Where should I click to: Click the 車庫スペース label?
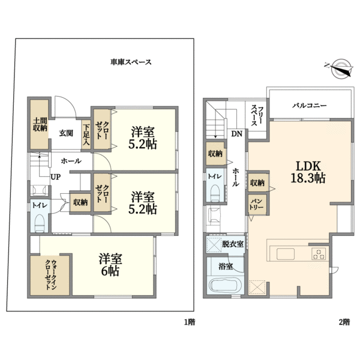coord(130,62)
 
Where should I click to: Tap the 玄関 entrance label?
coord(66,133)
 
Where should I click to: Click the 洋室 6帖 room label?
coord(110,265)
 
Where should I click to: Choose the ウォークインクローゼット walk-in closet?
coord(50,274)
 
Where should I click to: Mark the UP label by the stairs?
coord(55,177)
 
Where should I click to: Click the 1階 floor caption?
coord(190,322)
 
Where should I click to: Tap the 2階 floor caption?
coord(344,322)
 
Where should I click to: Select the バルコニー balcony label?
coord(309,105)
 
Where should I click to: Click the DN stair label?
coord(237,134)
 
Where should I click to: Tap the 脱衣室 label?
coord(232,244)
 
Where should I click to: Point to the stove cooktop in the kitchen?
coord(318,254)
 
